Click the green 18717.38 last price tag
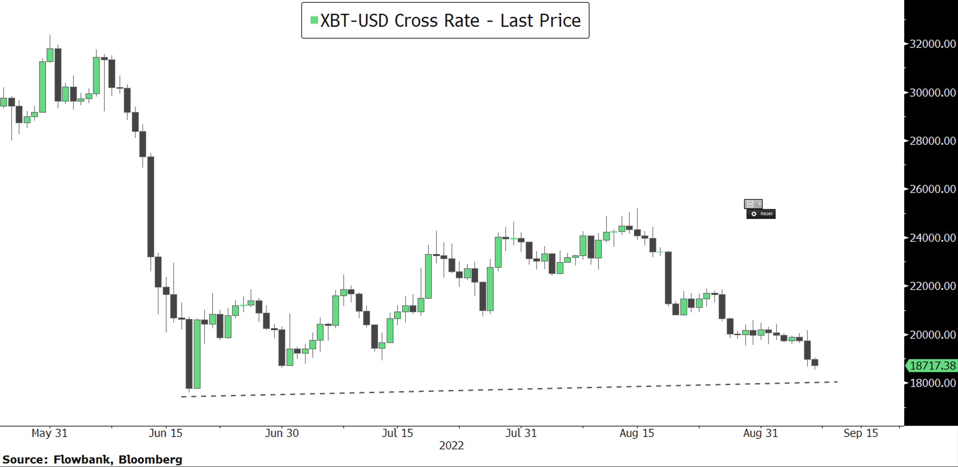[x=932, y=365]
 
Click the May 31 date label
[x=49, y=433]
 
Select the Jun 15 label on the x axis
[x=166, y=433]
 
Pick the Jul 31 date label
[x=521, y=433]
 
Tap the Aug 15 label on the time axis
[x=637, y=433]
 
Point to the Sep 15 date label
[x=861, y=433]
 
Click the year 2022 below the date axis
[x=451, y=446]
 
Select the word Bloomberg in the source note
[x=150, y=460]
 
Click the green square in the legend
[x=314, y=20]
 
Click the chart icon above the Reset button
[x=751, y=204]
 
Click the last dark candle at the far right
[x=815, y=362]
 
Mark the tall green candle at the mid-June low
[x=197, y=354]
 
